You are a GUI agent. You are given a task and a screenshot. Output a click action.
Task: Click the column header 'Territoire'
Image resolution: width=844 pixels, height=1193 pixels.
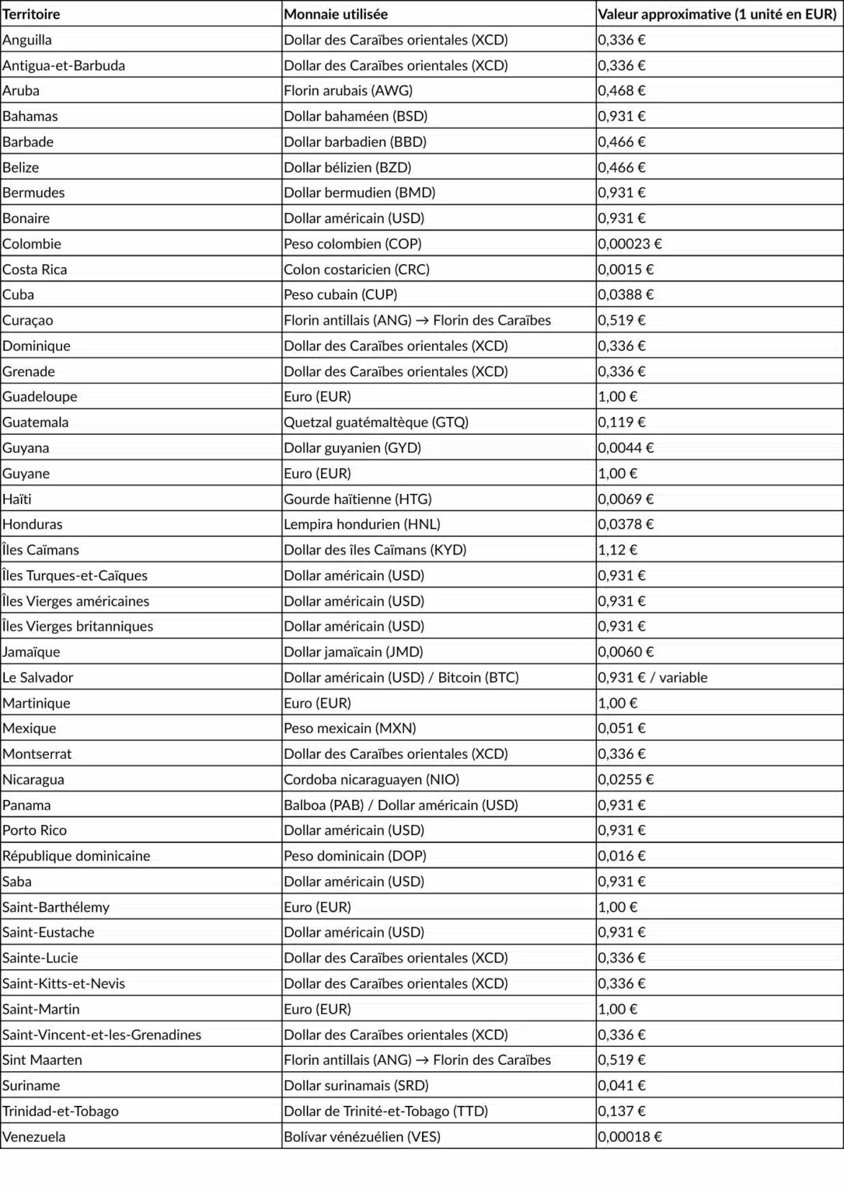tap(31, 14)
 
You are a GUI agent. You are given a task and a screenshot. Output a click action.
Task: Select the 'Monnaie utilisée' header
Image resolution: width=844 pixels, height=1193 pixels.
tap(336, 14)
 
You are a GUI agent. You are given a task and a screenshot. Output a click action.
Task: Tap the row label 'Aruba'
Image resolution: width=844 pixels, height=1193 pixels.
tap(21, 91)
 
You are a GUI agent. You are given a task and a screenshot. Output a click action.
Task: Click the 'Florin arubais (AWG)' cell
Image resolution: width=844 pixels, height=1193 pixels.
tap(348, 91)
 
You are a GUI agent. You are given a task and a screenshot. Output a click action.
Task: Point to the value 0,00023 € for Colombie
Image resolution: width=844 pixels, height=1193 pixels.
tap(630, 244)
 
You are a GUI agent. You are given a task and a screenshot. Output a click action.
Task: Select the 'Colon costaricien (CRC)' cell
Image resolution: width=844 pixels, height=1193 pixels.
tap(357, 270)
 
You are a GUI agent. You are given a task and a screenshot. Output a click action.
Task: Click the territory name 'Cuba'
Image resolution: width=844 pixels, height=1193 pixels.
tap(19, 295)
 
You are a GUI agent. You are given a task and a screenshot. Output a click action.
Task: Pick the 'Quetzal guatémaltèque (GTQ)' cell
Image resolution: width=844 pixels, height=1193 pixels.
tap(376, 423)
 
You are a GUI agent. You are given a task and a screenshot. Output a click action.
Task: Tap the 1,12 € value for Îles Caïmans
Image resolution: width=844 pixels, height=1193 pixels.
tap(617, 550)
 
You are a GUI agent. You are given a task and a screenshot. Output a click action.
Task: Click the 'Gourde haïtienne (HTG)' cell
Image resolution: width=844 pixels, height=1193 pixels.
tap(357, 499)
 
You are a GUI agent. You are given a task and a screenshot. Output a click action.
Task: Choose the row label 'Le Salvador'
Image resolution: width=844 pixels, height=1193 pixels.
tap(38, 677)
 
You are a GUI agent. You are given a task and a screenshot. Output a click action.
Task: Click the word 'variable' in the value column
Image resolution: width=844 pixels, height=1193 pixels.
tap(682, 677)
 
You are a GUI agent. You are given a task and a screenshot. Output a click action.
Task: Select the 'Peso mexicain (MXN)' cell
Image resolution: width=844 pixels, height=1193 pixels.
tap(350, 729)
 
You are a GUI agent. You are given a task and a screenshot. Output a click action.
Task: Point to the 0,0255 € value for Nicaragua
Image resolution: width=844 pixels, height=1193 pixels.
tap(626, 779)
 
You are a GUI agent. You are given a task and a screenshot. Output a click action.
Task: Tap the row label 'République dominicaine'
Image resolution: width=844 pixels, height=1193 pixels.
tap(76, 856)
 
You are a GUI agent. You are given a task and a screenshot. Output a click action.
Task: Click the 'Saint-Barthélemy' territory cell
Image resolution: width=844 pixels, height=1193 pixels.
tap(56, 907)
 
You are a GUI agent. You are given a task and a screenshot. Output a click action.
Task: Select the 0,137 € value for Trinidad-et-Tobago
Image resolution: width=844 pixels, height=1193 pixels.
tap(622, 1111)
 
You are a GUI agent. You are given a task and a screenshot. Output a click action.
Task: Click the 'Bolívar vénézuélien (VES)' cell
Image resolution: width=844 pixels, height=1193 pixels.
tap(362, 1137)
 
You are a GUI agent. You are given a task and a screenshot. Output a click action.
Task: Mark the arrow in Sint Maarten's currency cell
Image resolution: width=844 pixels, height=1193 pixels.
tap(423, 1060)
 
